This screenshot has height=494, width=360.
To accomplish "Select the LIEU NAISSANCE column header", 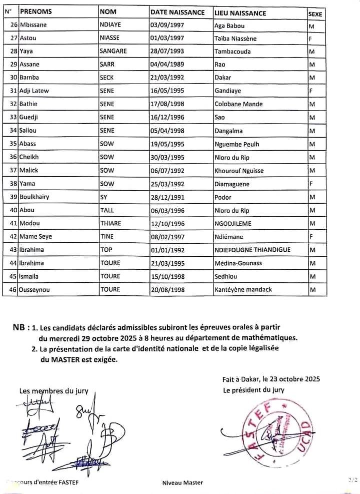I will tap(239, 13).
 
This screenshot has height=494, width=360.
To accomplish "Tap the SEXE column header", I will tap(315, 14).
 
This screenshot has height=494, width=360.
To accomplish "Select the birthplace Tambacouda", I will tap(232, 51).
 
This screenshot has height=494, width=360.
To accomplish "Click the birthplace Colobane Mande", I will tap(238, 104).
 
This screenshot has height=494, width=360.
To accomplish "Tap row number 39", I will tap(13, 197).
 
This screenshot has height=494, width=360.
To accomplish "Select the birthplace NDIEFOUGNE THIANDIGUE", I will tap(252, 250).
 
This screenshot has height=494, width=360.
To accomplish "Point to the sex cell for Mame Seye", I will tap(311, 236).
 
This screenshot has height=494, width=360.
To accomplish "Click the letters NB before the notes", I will tap(19, 328).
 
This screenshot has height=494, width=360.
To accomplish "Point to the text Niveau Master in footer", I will tap(183, 483).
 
